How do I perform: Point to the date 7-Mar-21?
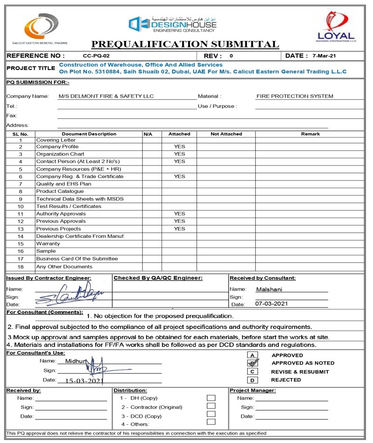coord(325,56)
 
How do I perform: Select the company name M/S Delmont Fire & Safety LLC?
coord(106,97)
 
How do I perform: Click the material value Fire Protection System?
coord(295,97)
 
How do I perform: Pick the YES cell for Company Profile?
coord(179,147)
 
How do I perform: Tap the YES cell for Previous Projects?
coord(179,229)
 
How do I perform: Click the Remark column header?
coord(310,134)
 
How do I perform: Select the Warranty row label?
coord(48,243)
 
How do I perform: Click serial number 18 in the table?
coord(20,267)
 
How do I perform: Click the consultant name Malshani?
coord(269,289)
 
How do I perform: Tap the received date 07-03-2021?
coord(272,304)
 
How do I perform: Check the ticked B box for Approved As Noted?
coord(252,363)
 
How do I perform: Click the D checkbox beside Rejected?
coord(252,380)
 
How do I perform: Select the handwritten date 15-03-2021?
coord(84,381)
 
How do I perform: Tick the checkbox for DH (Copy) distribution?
coord(211,398)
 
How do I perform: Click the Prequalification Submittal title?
coord(185,44)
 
